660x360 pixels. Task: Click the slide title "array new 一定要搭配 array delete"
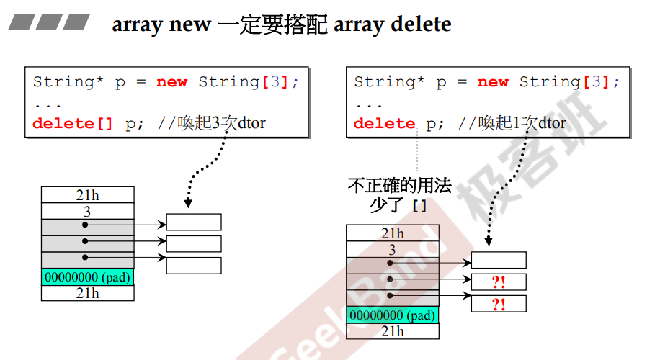point(282,24)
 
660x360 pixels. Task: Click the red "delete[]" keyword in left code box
point(73,123)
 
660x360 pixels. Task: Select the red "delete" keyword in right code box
point(384,123)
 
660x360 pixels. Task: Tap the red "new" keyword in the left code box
point(171,82)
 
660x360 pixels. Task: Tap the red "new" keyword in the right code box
point(493,82)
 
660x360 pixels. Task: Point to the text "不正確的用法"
point(399,186)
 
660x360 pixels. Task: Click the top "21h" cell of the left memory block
point(88,194)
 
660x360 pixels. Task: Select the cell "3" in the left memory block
point(88,211)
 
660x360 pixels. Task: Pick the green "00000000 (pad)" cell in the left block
point(88,277)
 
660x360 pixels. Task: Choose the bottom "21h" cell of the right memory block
point(393,331)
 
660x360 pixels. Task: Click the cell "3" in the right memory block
point(393,250)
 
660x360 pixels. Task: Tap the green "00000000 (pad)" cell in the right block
point(393,315)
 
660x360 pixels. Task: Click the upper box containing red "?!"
point(499,282)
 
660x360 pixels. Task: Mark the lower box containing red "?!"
point(499,304)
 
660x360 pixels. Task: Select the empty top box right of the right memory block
point(499,260)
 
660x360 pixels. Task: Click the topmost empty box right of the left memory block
point(194,222)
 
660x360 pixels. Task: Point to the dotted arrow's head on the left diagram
point(188,204)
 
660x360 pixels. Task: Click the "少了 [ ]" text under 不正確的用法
point(398,206)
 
